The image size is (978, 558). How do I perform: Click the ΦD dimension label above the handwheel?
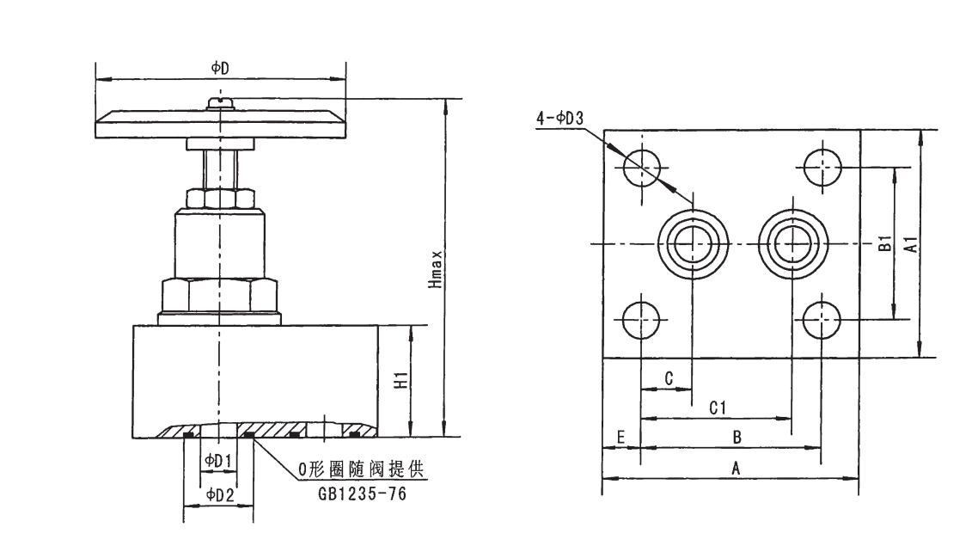click(220, 67)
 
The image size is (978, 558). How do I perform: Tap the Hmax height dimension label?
click(437, 269)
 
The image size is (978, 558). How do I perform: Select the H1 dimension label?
click(400, 381)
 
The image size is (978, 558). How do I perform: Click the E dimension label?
click(620, 437)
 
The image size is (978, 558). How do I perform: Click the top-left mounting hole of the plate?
click(641, 167)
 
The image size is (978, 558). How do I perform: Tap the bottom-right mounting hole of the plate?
click(821, 321)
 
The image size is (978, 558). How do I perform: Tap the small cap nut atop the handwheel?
click(221, 103)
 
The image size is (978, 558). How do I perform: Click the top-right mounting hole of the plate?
click(821, 167)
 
